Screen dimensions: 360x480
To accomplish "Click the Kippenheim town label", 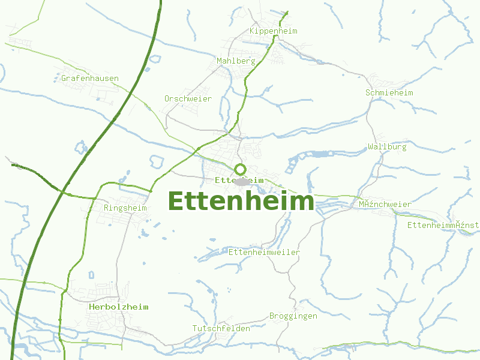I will (x=273, y=31).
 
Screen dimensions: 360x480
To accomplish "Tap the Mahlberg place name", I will (x=236, y=61).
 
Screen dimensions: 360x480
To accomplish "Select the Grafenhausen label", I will (x=90, y=78).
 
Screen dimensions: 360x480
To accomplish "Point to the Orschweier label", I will (x=188, y=98).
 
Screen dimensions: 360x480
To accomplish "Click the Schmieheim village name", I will (x=389, y=92).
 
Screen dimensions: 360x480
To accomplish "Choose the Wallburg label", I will (x=387, y=146).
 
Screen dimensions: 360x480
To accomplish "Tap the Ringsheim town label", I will (x=125, y=208).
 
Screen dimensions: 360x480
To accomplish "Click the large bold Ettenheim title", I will (x=241, y=201).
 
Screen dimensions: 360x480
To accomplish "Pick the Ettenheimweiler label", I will (x=264, y=252).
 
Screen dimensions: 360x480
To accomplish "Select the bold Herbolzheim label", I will (x=118, y=307).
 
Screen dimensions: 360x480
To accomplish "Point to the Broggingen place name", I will (x=293, y=316).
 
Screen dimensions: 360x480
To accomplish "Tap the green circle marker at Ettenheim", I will (x=241, y=169).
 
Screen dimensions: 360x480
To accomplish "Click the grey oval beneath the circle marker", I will (x=242, y=181).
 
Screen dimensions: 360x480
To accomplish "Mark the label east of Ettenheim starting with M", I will (x=385, y=204).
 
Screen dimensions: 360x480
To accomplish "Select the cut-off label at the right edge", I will (x=443, y=225).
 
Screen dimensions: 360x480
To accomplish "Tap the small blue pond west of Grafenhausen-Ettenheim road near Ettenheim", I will (x=157, y=161).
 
